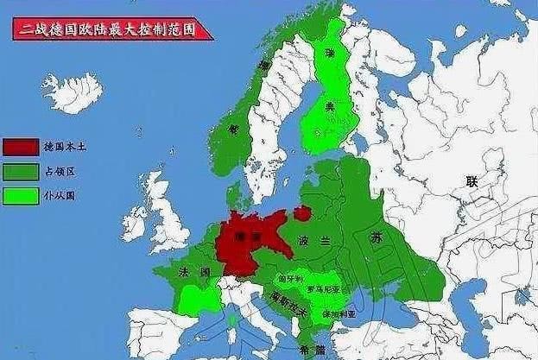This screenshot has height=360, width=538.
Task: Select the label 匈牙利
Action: pos(291,279)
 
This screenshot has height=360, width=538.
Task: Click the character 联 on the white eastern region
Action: pos(472,180)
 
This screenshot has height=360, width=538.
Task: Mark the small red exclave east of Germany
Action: pos(302,212)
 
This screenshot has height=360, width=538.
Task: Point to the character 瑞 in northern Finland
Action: pos(329,54)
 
